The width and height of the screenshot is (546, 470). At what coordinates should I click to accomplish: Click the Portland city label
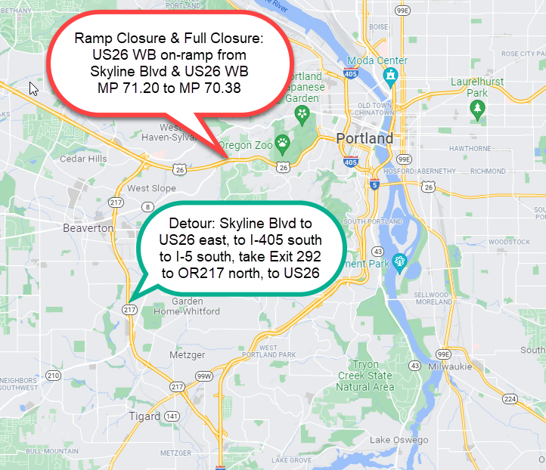click(x=365, y=139)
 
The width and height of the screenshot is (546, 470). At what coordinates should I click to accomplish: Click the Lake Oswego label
click(x=399, y=441)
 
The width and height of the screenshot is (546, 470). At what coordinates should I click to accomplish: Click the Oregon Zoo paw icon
click(x=282, y=141)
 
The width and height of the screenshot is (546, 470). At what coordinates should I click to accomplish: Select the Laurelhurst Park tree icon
click(x=477, y=110)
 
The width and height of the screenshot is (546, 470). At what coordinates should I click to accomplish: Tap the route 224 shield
click(x=510, y=400)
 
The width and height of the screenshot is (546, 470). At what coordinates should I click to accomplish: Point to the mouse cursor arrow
click(x=33, y=88)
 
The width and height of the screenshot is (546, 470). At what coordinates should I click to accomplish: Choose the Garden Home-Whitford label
click(x=186, y=305)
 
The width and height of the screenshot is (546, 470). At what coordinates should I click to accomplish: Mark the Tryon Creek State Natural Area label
click(x=365, y=376)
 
